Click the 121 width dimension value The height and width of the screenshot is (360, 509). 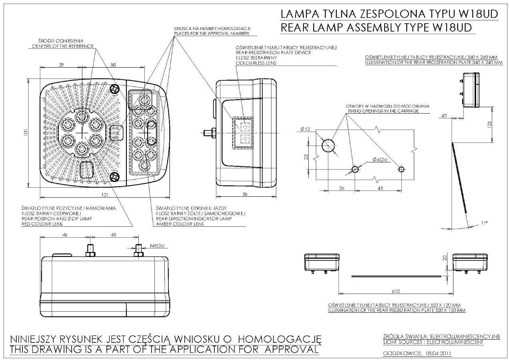105,195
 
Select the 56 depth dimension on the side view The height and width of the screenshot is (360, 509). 245,194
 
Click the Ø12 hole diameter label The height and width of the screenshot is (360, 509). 305,129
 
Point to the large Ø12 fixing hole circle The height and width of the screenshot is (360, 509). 328,146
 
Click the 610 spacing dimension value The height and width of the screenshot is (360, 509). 395,291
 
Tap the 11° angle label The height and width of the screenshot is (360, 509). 484,223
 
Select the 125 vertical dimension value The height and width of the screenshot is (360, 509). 489,124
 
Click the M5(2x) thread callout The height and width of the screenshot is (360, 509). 157,246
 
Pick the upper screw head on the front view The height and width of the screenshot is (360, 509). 114,89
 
